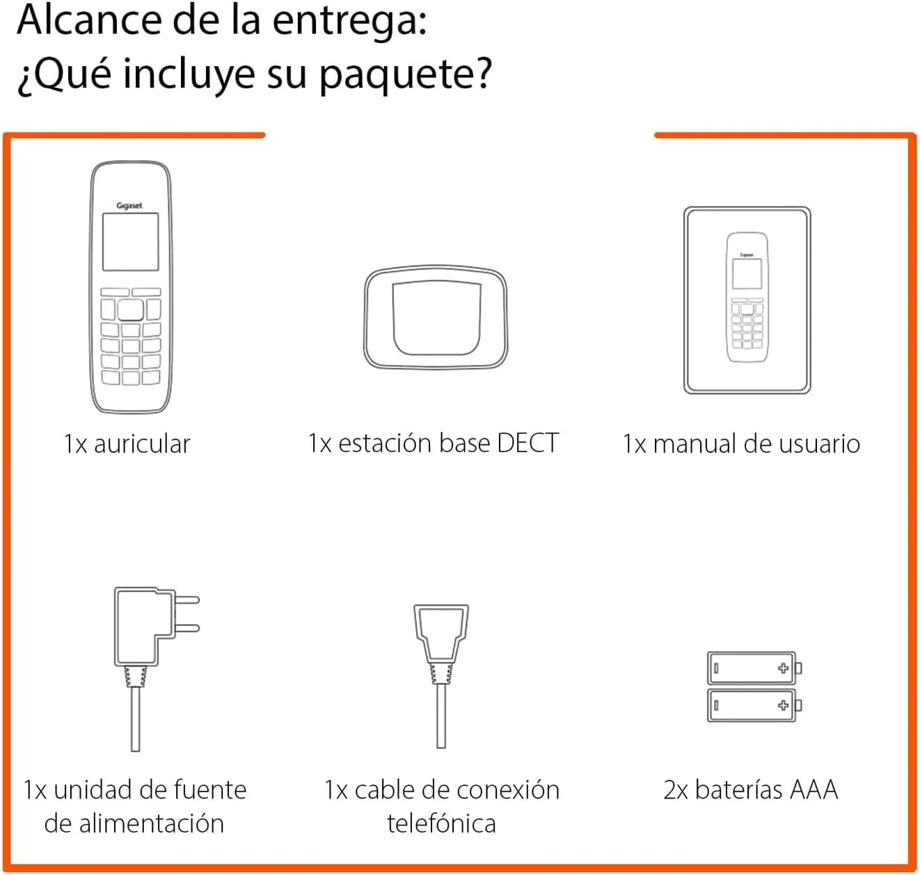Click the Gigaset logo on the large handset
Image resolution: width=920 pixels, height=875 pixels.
pos(129,205)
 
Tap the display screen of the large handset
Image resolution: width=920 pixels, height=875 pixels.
pos(131,241)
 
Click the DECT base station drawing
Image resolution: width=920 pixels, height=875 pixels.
pos(436,318)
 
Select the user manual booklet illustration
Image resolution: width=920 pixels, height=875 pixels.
pos(747,300)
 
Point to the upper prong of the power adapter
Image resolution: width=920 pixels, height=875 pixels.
pos(187,600)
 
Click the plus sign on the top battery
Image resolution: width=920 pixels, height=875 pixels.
pos(783,668)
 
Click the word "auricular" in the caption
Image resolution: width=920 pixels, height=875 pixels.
pos(142,444)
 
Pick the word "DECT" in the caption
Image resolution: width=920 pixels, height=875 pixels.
pos(528,442)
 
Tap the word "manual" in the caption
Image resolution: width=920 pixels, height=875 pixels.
pos(695,444)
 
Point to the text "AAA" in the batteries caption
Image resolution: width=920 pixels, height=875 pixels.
pos(814,789)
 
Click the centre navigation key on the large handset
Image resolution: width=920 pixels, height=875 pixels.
pos(131,310)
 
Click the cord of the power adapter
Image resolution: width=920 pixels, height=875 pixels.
pos(135,719)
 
